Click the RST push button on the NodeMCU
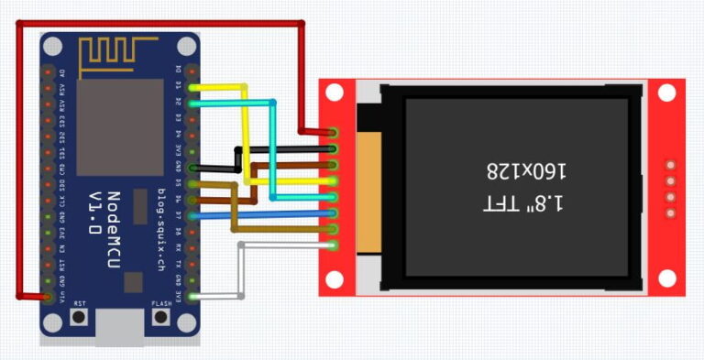click(x=80, y=317)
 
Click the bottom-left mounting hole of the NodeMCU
click(x=53, y=322)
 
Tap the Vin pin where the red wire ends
click(x=47, y=296)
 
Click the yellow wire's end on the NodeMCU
click(x=192, y=87)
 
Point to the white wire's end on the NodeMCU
click(x=192, y=296)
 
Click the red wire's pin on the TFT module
click(x=334, y=134)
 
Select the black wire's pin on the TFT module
click(x=334, y=149)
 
